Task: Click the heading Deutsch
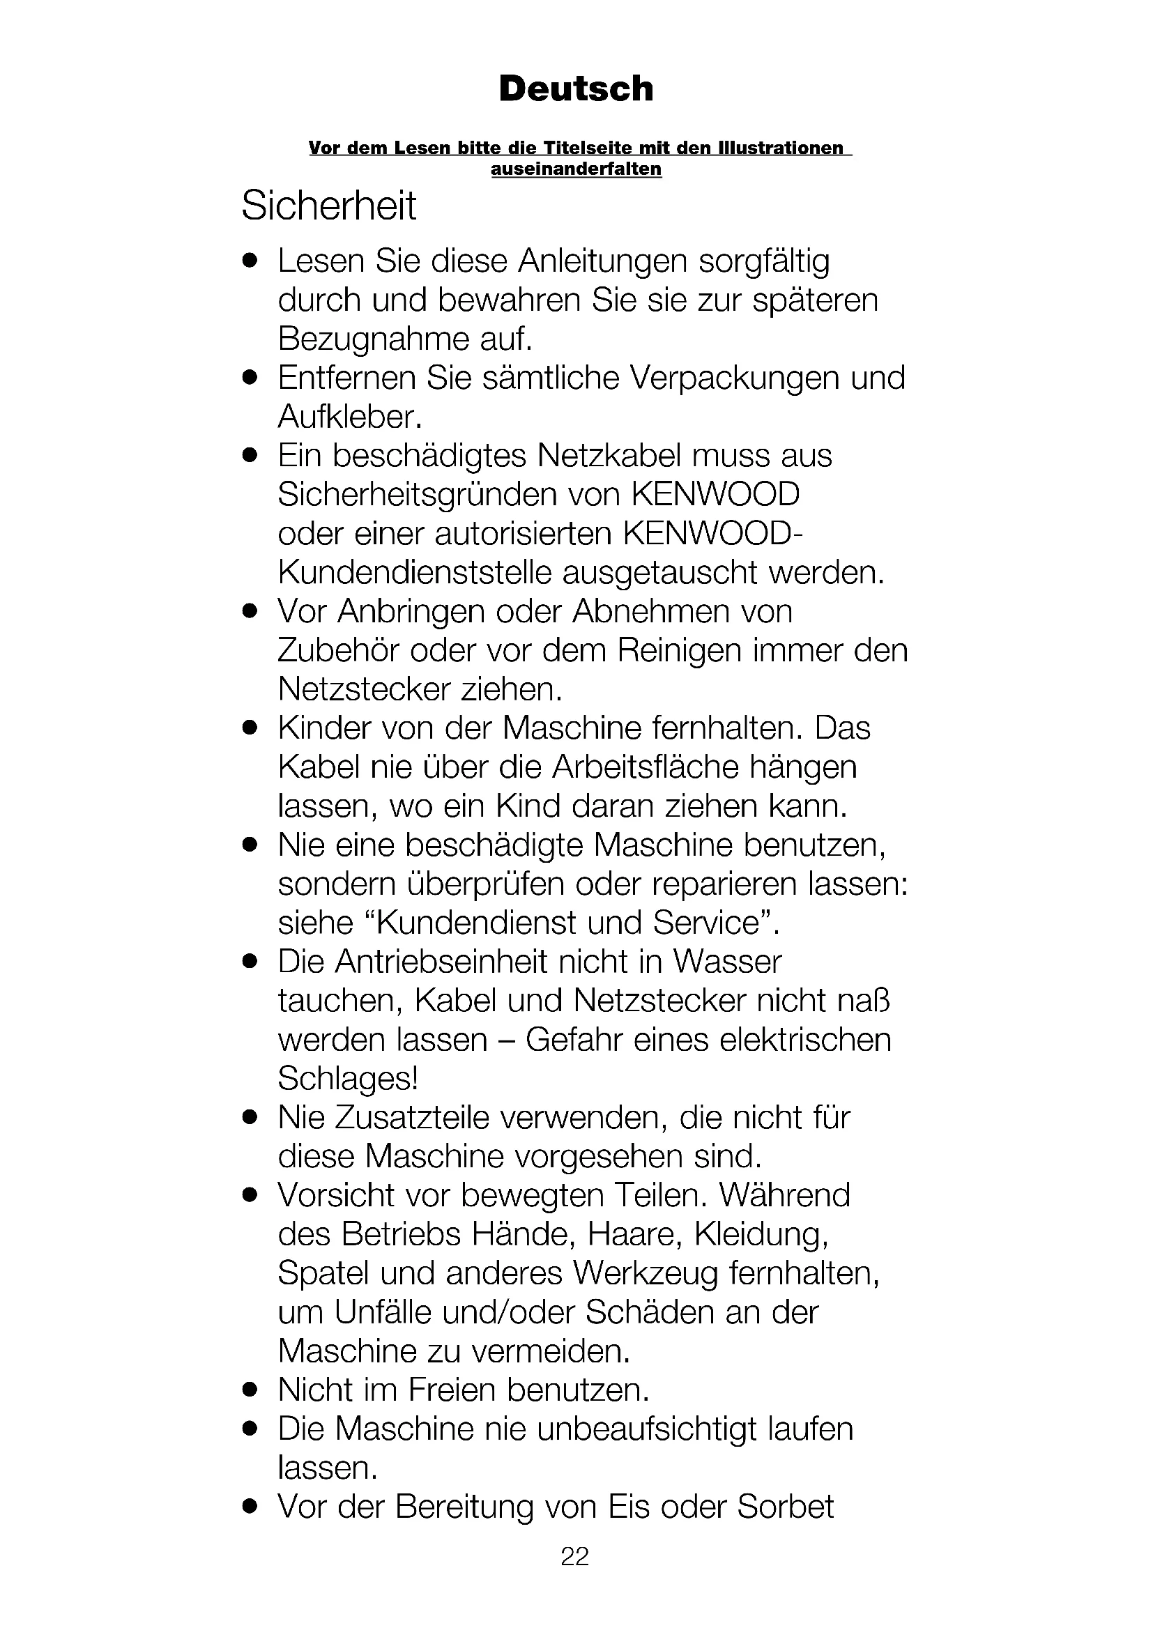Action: [576, 89]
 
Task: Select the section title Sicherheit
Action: [329, 206]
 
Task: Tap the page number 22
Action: [575, 1556]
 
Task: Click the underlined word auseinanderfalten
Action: [576, 169]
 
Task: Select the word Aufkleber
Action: [350, 417]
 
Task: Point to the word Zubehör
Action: [338, 650]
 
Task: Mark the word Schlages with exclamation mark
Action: [347, 1078]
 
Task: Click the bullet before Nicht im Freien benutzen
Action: [247, 1390]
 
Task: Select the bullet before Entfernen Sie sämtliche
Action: [247, 378]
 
